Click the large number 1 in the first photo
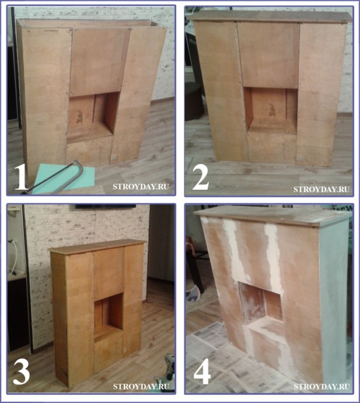(21, 178)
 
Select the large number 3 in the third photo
(22, 372)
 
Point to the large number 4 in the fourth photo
(202, 373)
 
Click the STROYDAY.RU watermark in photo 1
(141, 186)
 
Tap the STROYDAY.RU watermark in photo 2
(321, 189)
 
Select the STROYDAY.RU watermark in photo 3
(141, 386)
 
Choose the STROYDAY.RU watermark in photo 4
(321, 386)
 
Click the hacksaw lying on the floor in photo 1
(55, 178)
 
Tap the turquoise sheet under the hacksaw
(64, 178)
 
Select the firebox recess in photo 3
(109, 317)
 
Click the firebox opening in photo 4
(261, 303)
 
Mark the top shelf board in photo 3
(97, 246)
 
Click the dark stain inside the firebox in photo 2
(272, 109)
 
